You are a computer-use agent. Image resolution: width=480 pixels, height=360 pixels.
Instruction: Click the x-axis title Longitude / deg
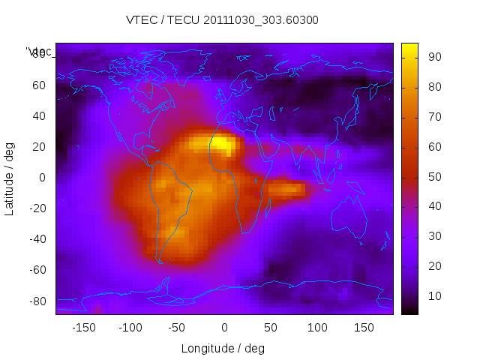pyautogui.click(x=223, y=348)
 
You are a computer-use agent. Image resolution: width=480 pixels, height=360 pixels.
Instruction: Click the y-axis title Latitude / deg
pyautogui.click(x=10, y=178)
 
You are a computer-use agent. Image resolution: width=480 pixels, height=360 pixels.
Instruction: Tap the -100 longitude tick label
pyautogui.click(x=130, y=327)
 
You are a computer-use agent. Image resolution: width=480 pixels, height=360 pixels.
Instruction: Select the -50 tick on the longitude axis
pyautogui.click(x=177, y=327)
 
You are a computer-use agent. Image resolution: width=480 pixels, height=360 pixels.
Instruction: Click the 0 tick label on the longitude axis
pyautogui.click(x=224, y=327)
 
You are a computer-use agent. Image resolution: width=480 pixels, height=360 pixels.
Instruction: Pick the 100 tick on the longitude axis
pyautogui.click(x=318, y=327)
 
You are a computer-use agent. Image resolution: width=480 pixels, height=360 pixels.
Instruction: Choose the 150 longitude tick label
pyautogui.click(x=364, y=327)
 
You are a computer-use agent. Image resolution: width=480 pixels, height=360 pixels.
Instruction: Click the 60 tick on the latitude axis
pyautogui.click(x=39, y=85)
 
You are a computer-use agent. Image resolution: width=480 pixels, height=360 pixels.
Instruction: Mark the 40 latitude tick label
pyautogui.click(x=39, y=116)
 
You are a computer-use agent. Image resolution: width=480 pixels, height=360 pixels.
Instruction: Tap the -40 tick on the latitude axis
pyautogui.click(x=37, y=239)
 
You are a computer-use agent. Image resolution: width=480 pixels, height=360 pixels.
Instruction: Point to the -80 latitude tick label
pyautogui.click(x=37, y=301)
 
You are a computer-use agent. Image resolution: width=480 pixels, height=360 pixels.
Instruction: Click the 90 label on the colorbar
pyautogui.click(x=433, y=57)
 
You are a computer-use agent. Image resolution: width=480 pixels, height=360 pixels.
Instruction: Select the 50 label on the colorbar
pyautogui.click(x=433, y=177)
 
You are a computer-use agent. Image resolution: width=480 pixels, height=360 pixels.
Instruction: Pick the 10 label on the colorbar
pyautogui.click(x=433, y=296)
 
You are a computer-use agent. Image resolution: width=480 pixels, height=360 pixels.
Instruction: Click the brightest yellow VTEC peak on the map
pyautogui.click(x=222, y=144)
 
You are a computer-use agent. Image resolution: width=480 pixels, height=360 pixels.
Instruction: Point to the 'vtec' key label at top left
pyautogui.click(x=39, y=52)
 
